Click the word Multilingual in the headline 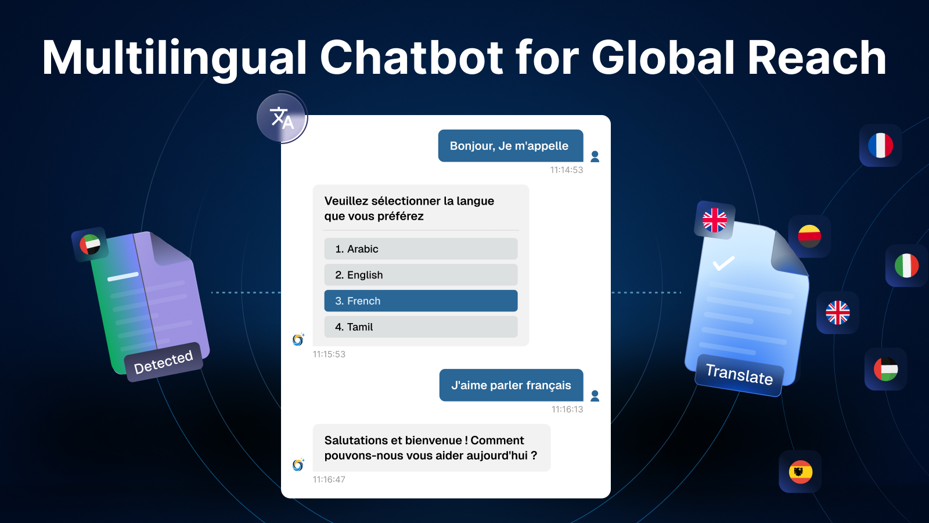tap(174, 59)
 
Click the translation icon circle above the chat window tap(282, 118)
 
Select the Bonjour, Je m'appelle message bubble tap(510, 146)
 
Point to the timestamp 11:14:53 tap(567, 170)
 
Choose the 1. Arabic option tap(421, 249)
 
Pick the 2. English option tap(421, 275)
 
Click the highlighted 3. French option tap(421, 301)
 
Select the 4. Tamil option tap(421, 327)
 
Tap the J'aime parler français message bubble tap(512, 385)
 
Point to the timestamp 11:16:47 tap(329, 479)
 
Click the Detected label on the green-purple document tap(163, 362)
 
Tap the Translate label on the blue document tap(739, 375)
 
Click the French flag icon tap(880, 145)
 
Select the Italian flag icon tap(906, 266)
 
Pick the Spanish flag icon tap(801, 472)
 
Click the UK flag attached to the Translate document tap(715, 220)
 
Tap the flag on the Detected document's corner tap(90, 245)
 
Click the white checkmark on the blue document tap(723, 263)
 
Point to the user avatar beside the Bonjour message tap(595, 156)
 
